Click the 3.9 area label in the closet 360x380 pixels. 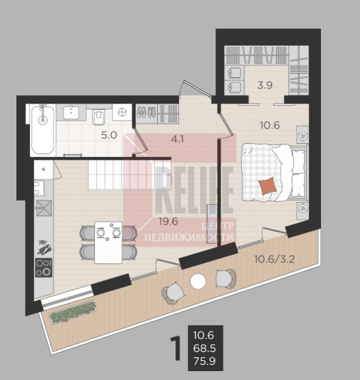(265, 85)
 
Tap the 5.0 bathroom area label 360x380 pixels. (109, 135)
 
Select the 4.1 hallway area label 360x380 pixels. (178, 139)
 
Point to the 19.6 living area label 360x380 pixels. (168, 221)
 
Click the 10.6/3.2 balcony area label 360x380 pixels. (275, 259)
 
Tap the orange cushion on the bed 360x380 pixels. (268, 186)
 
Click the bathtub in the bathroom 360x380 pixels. (43, 130)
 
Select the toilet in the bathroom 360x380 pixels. (98, 117)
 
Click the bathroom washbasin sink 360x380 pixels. (71, 112)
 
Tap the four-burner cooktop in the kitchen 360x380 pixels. (44, 267)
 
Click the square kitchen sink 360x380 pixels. (44, 208)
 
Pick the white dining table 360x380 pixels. (108, 242)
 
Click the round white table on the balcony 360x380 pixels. (198, 281)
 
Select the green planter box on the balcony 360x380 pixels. (72, 312)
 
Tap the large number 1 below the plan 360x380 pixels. (176, 348)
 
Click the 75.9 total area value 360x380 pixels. (204, 361)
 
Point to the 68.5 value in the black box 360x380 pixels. (204, 348)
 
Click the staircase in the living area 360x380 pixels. (130, 175)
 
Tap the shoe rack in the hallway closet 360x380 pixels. (146, 114)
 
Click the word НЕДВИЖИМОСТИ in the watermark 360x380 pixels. (189, 237)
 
